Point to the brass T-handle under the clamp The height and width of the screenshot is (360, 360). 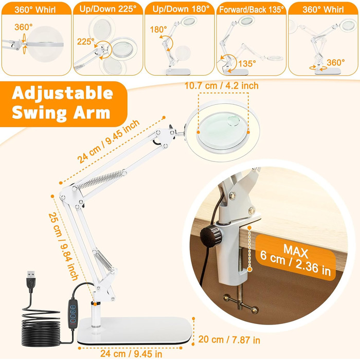[x=241, y=302]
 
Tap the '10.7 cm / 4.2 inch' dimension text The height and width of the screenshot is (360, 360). [x=221, y=86]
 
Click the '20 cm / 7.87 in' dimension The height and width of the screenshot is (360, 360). [x=229, y=339]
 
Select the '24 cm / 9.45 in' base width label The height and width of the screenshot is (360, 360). [x=131, y=354]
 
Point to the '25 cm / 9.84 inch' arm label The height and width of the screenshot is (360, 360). [x=63, y=247]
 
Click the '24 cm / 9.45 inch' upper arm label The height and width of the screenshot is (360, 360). [x=108, y=141]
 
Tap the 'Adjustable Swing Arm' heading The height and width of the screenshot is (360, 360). [x=62, y=103]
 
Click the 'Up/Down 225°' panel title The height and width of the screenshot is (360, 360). [x=108, y=9]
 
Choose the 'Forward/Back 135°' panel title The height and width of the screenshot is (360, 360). [x=251, y=10]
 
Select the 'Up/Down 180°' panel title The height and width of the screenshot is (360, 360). [x=181, y=9]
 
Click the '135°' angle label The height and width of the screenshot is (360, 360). [x=247, y=64]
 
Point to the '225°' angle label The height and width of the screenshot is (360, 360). [x=86, y=42]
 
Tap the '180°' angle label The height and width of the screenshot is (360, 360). [x=158, y=29]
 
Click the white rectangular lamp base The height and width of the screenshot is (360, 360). [x=135, y=330]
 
